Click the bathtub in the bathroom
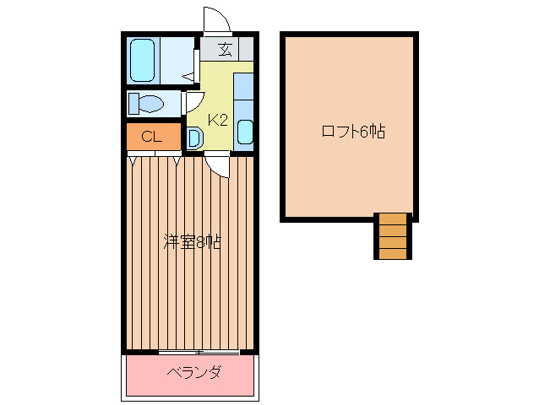pyautogui.click(x=143, y=59)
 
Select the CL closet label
pyautogui.click(x=152, y=136)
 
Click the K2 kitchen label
pyautogui.click(x=218, y=120)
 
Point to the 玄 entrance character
pyautogui.click(x=225, y=49)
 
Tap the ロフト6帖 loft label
pyautogui.click(x=352, y=132)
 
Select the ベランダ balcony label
pyautogui.click(x=193, y=372)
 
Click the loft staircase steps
pyautogui.click(x=393, y=235)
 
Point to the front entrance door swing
pyautogui.click(x=215, y=19)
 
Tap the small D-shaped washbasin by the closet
pyautogui.click(x=193, y=138)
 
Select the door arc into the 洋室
pyautogui.click(x=218, y=165)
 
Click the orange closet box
pyautogui.click(x=153, y=136)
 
